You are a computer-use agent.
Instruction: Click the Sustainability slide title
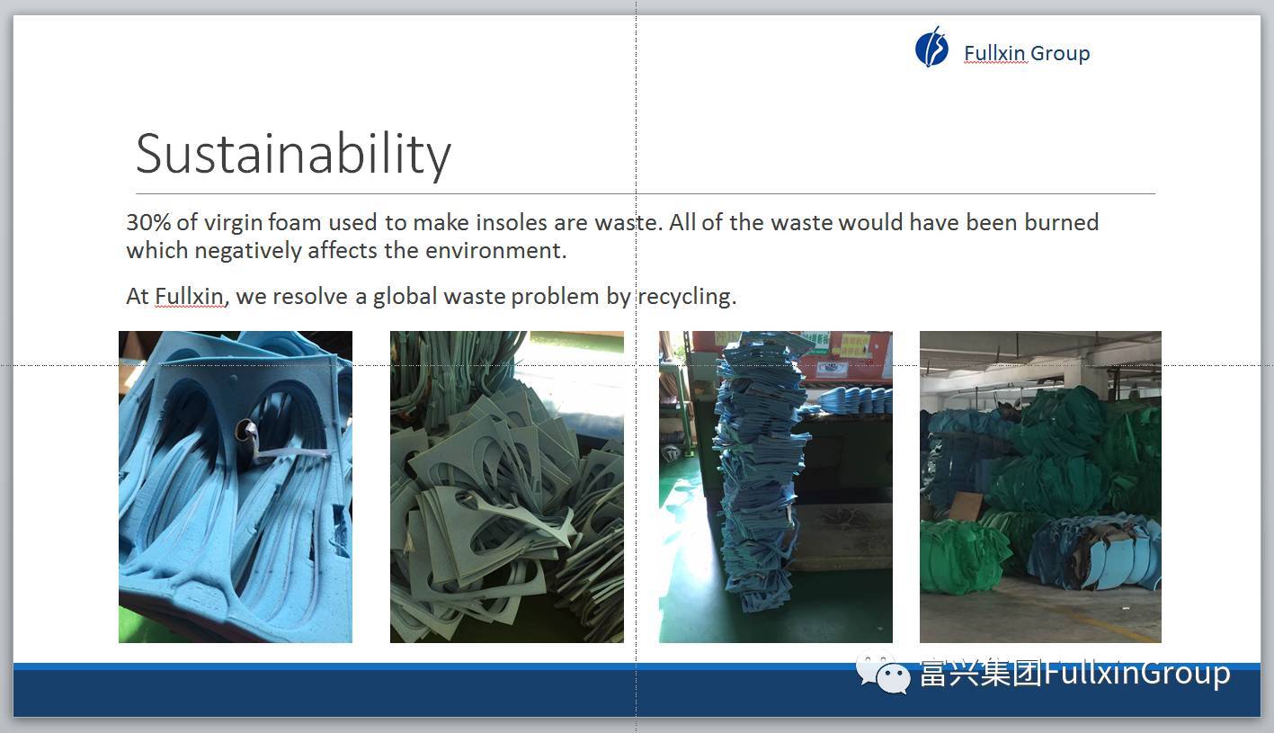pyautogui.click(x=293, y=154)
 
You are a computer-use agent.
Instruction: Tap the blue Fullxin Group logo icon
pyautogui.click(x=931, y=48)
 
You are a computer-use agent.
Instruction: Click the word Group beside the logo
pyautogui.click(x=1060, y=54)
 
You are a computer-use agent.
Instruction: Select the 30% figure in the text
pyautogui.click(x=147, y=222)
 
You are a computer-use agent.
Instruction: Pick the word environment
pyautogui.click(x=495, y=251)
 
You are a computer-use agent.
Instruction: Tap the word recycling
pyautogui.click(x=687, y=297)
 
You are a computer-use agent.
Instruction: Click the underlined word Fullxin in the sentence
pyautogui.click(x=189, y=297)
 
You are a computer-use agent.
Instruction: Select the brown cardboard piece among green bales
pyautogui.click(x=966, y=506)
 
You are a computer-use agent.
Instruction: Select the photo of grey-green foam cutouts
pyautogui.click(x=507, y=487)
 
